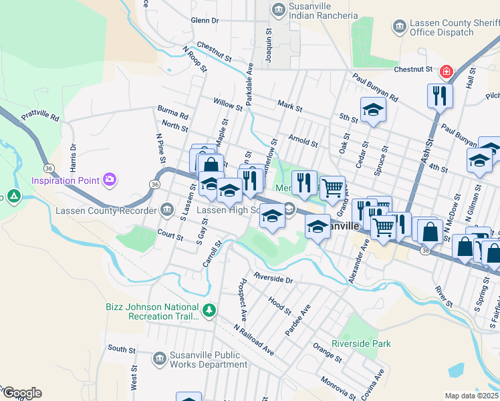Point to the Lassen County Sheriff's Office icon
point(400,27)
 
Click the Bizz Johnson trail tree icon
point(209,310)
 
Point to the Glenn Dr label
point(205,21)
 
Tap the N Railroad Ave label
point(253,340)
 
